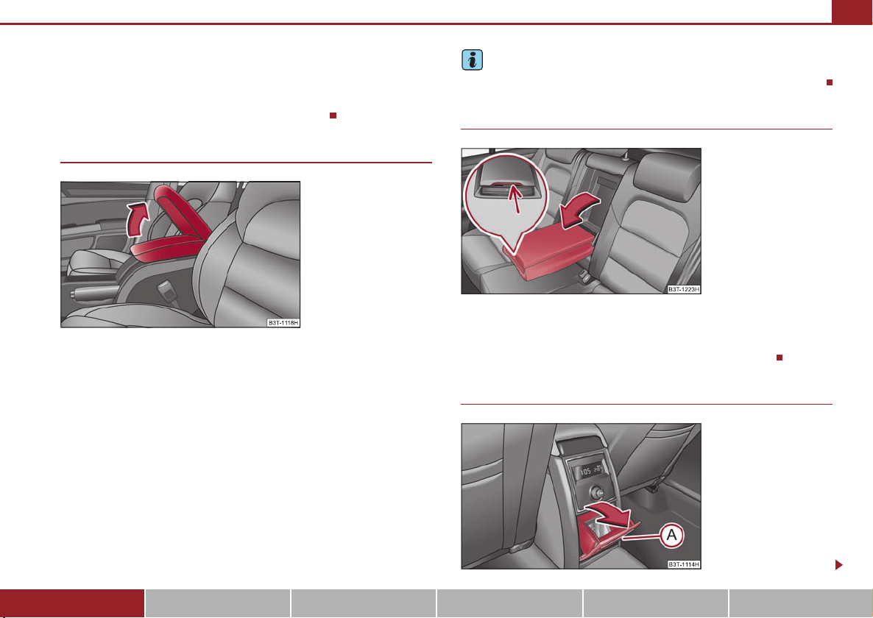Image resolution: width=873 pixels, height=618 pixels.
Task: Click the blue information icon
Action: click(x=472, y=60)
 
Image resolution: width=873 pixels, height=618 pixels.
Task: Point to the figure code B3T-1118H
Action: click(x=283, y=323)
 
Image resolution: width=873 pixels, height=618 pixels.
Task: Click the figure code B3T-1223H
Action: click(x=684, y=289)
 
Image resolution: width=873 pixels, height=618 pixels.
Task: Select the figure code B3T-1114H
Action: click(x=684, y=564)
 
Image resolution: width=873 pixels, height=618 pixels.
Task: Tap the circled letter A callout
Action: click(x=672, y=535)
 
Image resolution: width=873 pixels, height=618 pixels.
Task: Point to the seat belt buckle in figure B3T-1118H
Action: click(x=166, y=289)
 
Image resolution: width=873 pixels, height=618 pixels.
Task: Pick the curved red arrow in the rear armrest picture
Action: click(x=579, y=211)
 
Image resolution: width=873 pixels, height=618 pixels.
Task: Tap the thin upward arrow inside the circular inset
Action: click(x=516, y=199)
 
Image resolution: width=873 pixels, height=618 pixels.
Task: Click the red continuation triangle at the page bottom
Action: click(x=839, y=565)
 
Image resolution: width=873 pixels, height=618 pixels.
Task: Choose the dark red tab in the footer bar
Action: click(x=72, y=603)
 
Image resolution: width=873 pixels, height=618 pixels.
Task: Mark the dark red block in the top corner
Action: click(x=852, y=12)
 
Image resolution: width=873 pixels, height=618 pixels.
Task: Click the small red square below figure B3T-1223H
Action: click(x=780, y=358)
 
